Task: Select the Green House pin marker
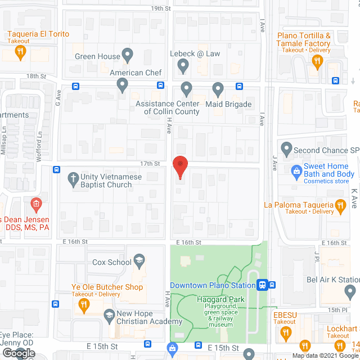pyautogui.click(x=128, y=56)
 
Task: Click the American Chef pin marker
pyautogui.click(x=123, y=85)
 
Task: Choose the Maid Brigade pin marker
pyautogui.click(x=218, y=89)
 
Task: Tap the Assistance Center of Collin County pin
pyautogui.click(x=186, y=89)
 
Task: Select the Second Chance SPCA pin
pyautogui.click(x=286, y=150)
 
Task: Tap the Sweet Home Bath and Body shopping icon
pyautogui.click(x=296, y=170)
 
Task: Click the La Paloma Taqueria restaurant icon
pyautogui.click(x=340, y=208)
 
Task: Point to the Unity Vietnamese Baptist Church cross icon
pyautogui.click(x=73, y=180)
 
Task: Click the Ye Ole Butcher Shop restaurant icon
pyautogui.click(x=84, y=305)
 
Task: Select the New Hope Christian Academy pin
pyautogui.click(x=107, y=317)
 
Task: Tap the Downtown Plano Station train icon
pyautogui.click(x=262, y=285)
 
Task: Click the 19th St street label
pyautogui.click(x=160, y=8)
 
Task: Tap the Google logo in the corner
pyautogui.click(x=17, y=353)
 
